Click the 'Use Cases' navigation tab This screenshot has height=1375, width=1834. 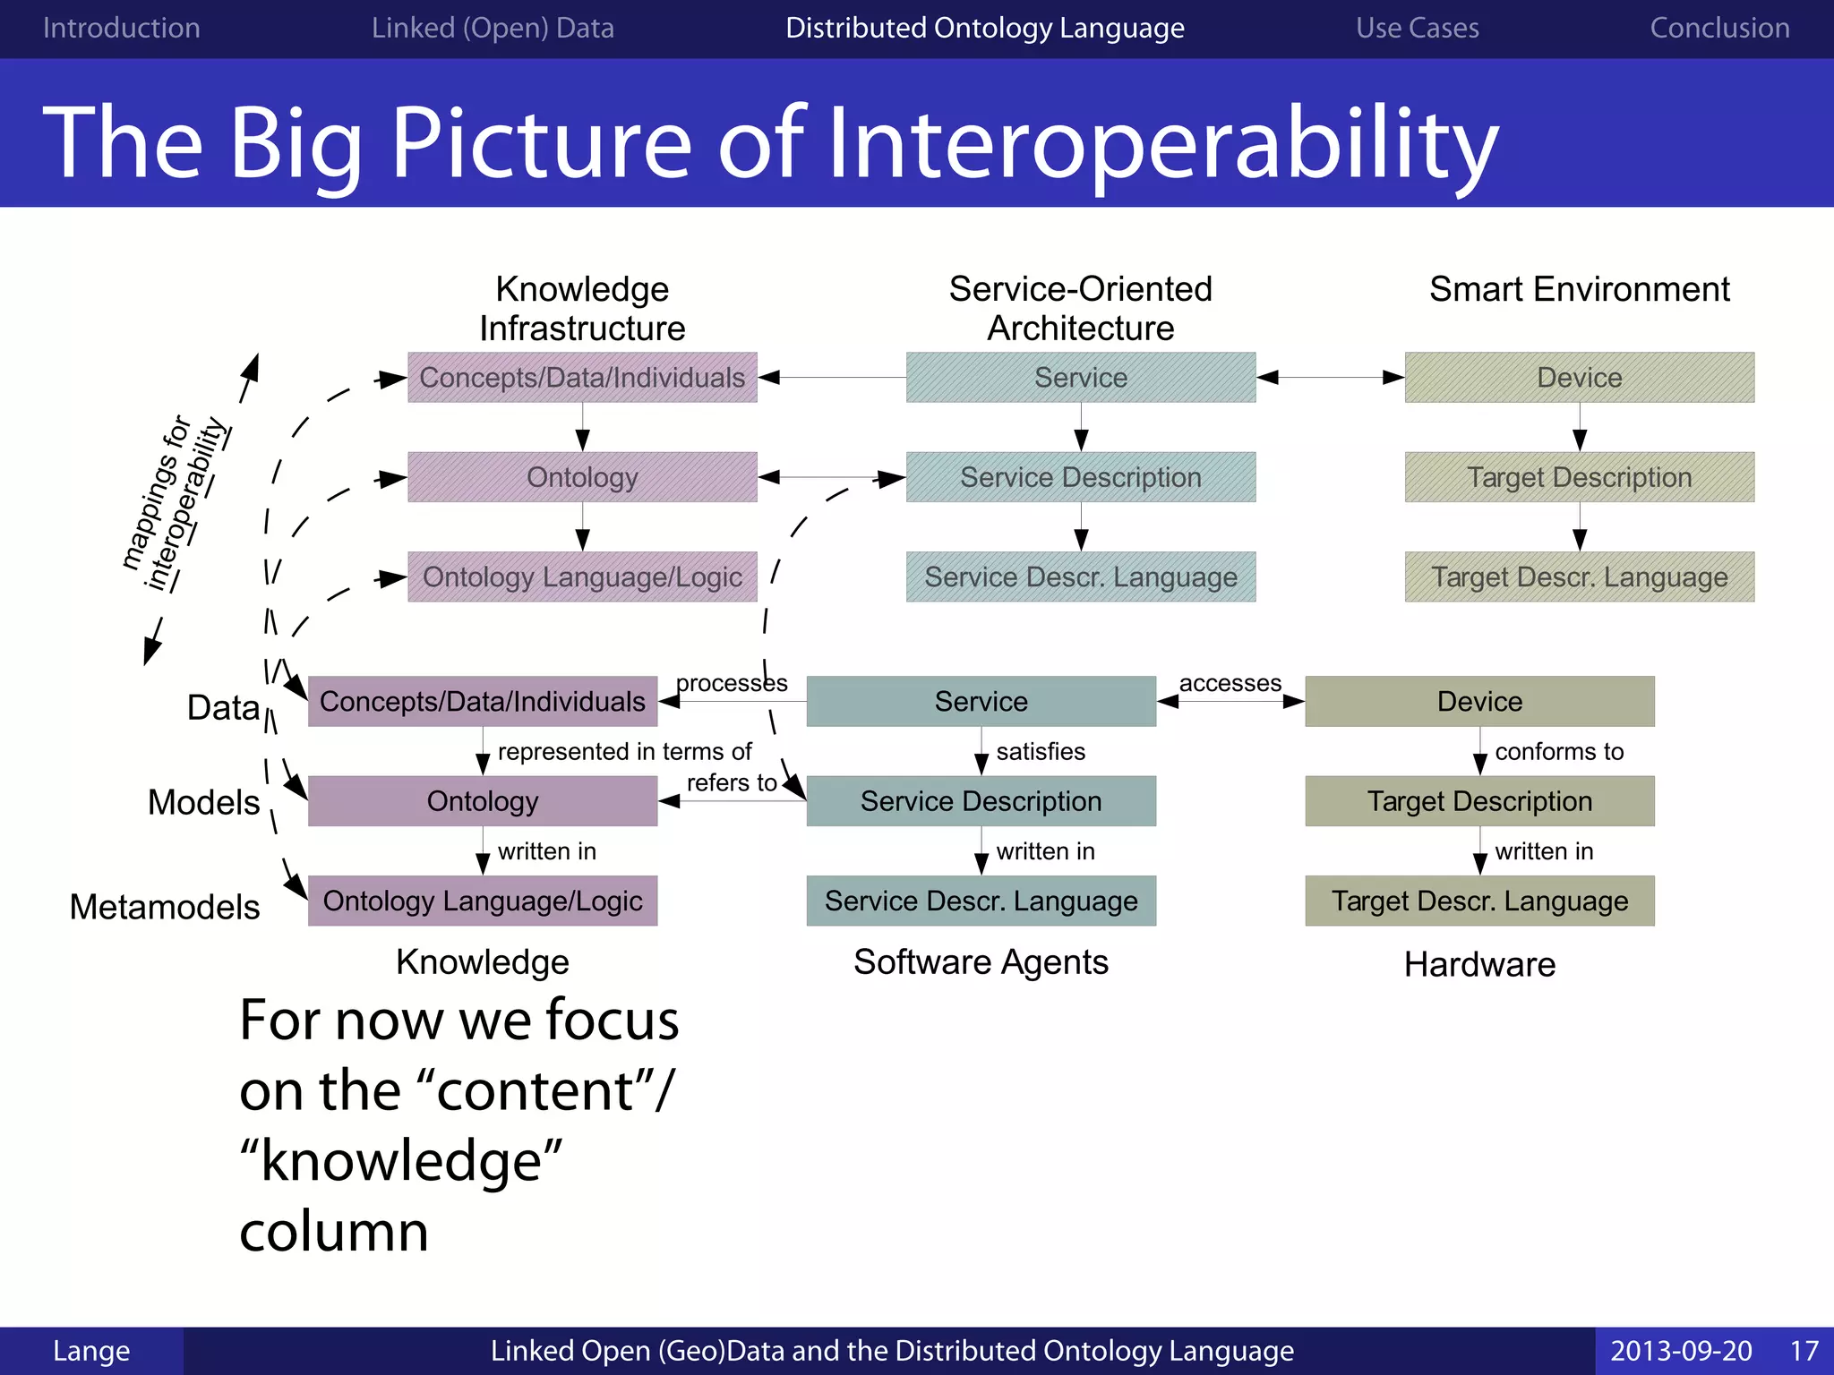(x=1417, y=28)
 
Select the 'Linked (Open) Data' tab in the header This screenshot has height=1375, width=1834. (x=493, y=28)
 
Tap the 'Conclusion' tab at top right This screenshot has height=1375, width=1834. (x=1719, y=28)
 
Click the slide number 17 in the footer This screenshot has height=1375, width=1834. (x=1804, y=1350)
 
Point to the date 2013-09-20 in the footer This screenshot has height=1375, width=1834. (x=1681, y=1350)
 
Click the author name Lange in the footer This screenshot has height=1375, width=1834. (x=91, y=1350)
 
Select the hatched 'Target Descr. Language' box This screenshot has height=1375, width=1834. (x=1579, y=576)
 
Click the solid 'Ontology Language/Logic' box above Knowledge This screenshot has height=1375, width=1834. (x=483, y=901)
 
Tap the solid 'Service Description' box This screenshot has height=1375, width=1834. (x=981, y=801)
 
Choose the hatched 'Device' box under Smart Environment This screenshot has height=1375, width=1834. (x=1579, y=377)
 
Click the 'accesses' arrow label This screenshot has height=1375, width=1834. (x=1230, y=683)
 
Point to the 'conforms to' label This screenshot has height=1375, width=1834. (x=1559, y=751)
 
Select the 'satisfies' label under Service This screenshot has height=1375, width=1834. (x=1041, y=751)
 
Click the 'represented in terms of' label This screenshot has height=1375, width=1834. (x=624, y=751)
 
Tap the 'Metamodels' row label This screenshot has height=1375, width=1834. (x=165, y=907)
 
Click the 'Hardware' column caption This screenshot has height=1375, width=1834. (x=1479, y=964)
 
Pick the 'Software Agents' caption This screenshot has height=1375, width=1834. (x=981, y=961)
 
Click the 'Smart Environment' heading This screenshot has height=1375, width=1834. (x=1579, y=289)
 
